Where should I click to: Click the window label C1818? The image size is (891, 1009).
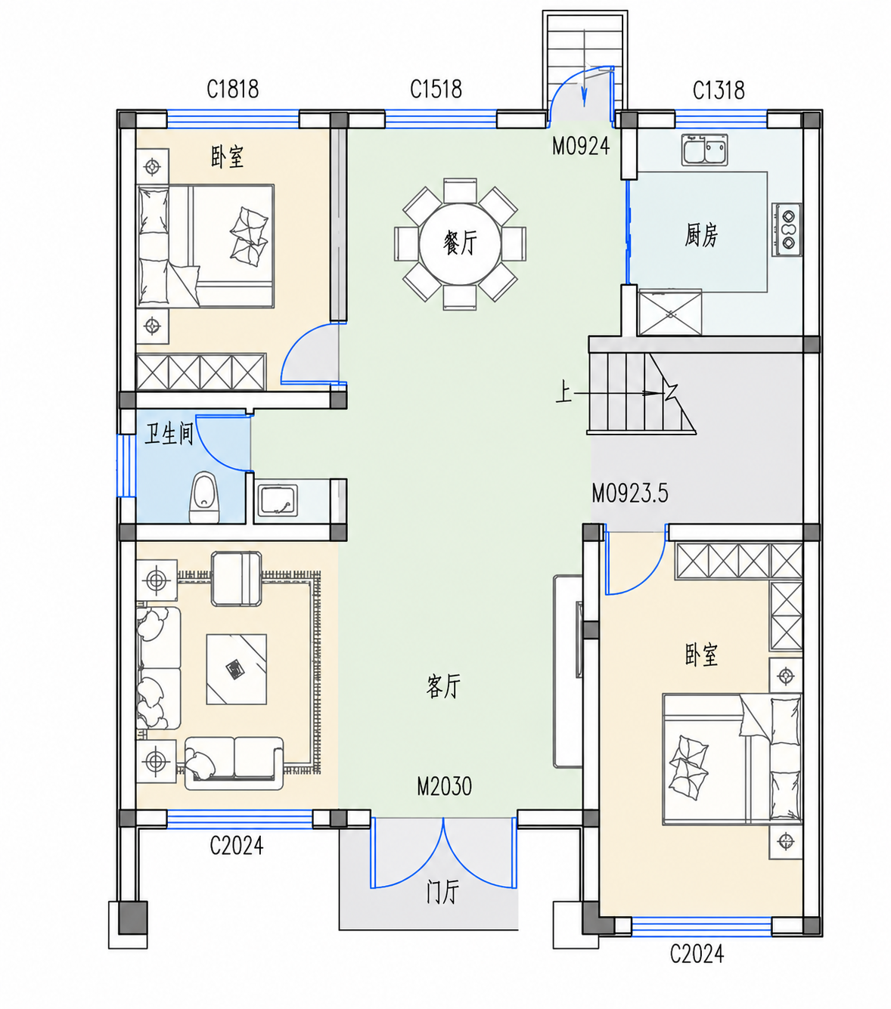click(x=233, y=90)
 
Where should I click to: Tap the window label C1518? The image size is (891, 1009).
click(x=436, y=90)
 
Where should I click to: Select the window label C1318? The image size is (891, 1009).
click(x=719, y=91)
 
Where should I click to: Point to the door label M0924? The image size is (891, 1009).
click(x=581, y=146)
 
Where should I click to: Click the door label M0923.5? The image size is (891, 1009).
click(x=630, y=494)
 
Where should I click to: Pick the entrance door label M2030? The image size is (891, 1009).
click(x=444, y=787)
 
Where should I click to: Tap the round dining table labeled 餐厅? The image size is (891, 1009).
click(x=460, y=243)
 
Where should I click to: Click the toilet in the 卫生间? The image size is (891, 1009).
click(x=204, y=497)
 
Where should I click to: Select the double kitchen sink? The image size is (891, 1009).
click(x=705, y=150)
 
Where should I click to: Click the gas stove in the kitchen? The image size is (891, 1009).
click(x=787, y=230)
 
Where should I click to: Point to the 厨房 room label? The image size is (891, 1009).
click(x=701, y=235)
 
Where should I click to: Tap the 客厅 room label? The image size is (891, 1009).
click(x=443, y=686)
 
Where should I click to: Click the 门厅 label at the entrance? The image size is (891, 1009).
click(x=442, y=891)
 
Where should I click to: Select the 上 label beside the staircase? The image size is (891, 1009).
click(x=563, y=392)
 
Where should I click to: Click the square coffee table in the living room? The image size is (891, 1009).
click(x=237, y=669)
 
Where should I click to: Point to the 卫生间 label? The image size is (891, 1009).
click(x=169, y=434)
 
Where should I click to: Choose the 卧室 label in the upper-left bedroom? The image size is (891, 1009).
click(x=227, y=157)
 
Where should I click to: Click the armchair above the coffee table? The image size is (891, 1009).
click(x=237, y=579)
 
